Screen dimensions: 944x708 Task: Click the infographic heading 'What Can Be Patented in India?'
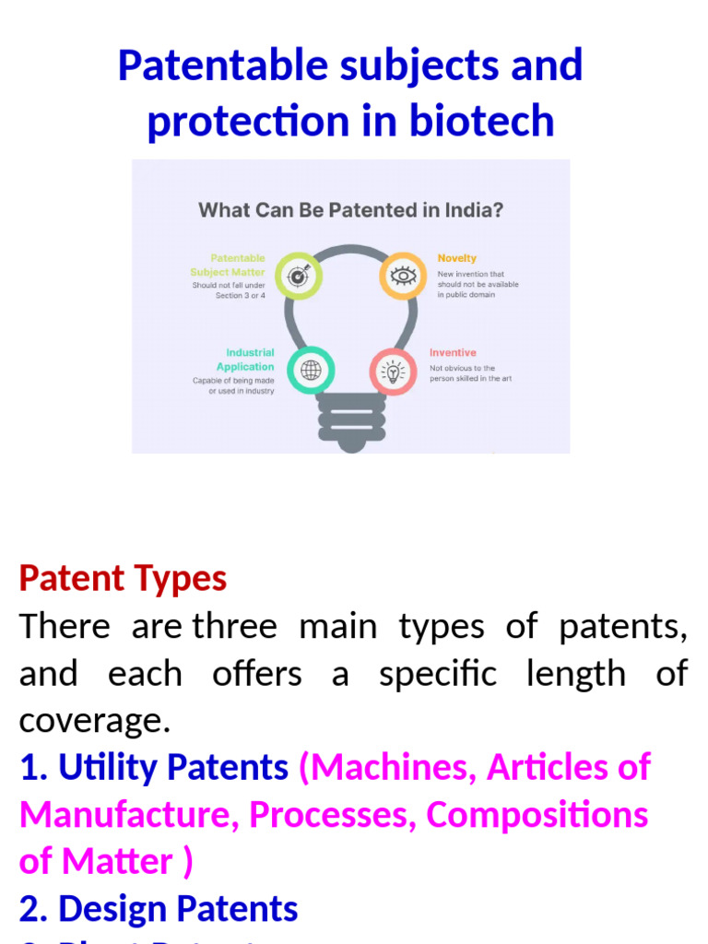coord(351,210)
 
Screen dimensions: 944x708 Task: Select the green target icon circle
coord(299,276)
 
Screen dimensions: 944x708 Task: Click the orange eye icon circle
coord(404,275)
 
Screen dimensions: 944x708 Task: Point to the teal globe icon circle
coord(311,371)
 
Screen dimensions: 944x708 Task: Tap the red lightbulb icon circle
coord(394,372)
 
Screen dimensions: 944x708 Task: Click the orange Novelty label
coord(457,258)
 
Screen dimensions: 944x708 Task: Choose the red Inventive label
coord(453,352)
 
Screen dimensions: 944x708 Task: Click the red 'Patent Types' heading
coord(123,579)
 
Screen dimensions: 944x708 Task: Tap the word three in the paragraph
coord(234,627)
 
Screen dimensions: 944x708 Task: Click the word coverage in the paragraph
coord(94,722)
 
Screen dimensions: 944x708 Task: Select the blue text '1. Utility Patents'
coord(154,768)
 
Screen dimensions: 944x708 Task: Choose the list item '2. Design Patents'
coord(159,909)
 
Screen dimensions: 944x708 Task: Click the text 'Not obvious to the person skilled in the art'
coord(470,373)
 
